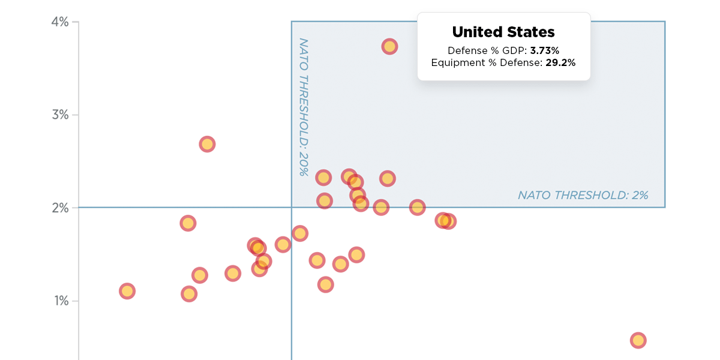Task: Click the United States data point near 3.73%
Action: click(389, 46)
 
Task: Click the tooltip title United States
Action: click(503, 32)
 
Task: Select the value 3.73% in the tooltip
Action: click(544, 51)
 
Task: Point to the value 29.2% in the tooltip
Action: click(560, 62)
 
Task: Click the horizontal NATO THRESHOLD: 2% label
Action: click(583, 195)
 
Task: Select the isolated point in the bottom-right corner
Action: click(638, 340)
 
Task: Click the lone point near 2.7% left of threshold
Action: click(207, 144)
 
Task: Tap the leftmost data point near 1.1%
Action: click(127, 291)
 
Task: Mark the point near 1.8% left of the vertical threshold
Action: click(188, 223)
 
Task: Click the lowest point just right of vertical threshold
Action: click(325, 284)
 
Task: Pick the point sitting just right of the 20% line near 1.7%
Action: click(300, 233)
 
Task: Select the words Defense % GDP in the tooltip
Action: click(487, 51)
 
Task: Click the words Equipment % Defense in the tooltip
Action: click(487, 62)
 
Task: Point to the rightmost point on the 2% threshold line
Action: click(417, 208)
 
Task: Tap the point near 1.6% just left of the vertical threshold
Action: click(283, 244)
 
